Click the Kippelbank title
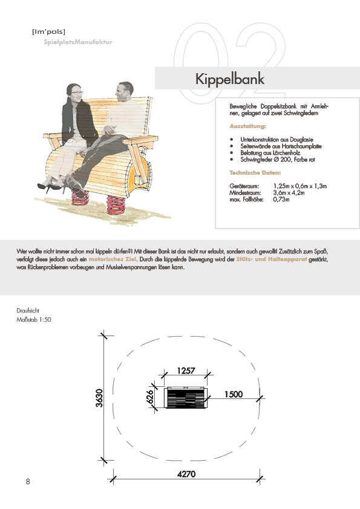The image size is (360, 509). click(x=230, y=79)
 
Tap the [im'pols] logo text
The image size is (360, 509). click(x=49, y=31)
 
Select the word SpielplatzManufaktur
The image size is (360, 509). click(x=78, y=42)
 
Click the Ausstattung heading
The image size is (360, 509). click(x=247, y=126)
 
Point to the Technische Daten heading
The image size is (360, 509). click(x=255, y=173)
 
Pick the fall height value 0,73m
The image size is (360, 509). click(x=281, y=199)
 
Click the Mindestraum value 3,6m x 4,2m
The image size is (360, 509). click(x=289, y=193)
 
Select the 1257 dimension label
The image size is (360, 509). click(x=186, y=371)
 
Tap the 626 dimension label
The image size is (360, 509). click(x=150, y=397)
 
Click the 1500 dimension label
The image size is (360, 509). click(x=234, y=394)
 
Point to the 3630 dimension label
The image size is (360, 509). click(x=99, y=398)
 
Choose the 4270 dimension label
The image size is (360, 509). click(x=186, y=474)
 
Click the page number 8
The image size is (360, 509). click(x=28, y=481)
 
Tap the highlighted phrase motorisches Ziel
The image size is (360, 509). click(x=113, y=259)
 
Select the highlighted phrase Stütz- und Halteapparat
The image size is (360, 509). click(x=272, y=259)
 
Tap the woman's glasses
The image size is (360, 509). click(x=77, y=93)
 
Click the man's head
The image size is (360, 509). click(x=125, y=91)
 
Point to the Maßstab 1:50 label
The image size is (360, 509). click(x=34, y=319)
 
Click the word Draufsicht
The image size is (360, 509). click(x=28, y=311)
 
